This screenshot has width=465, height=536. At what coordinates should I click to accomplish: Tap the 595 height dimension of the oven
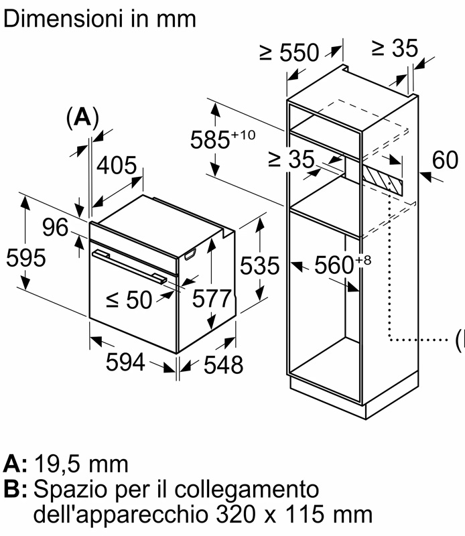point(25,257)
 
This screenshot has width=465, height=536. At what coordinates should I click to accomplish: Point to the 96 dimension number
point(56,228)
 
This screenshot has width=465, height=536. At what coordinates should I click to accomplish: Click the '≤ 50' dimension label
point(129,300)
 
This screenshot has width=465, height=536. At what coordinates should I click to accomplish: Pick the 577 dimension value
point(211,299)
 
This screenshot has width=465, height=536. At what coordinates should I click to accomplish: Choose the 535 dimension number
point(258,266)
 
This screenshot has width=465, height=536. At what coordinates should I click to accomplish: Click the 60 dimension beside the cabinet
point(445,160)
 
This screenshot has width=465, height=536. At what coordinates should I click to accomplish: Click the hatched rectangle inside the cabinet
point(383,178)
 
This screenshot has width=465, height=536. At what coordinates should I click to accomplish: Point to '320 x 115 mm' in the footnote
point(295,515)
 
